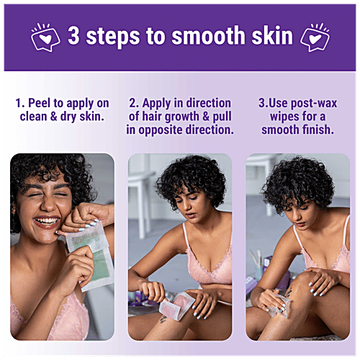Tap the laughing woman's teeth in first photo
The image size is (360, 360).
pyautogui.click(x=47, y=221)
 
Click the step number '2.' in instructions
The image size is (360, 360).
pyautogui.click(x=134, y=103)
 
